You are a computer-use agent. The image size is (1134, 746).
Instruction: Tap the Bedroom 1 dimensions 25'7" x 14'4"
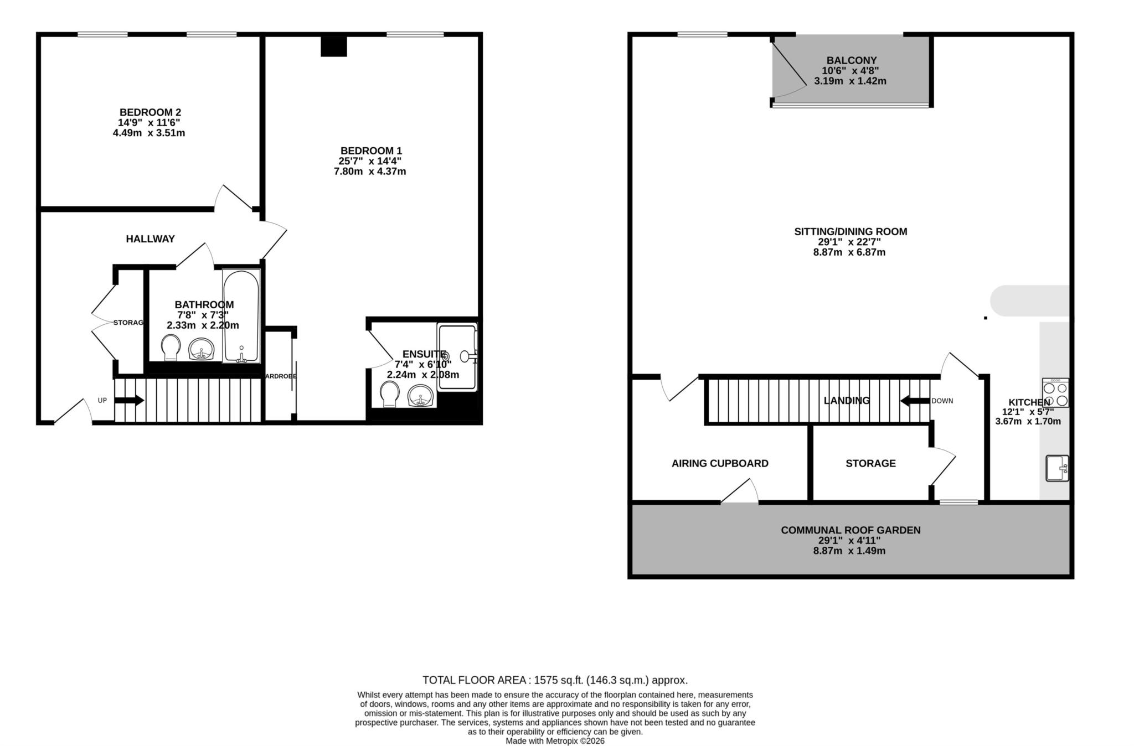[370, 161]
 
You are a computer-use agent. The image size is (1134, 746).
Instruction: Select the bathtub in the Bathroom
[241, 315]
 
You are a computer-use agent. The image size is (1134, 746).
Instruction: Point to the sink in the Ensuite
[421, 396]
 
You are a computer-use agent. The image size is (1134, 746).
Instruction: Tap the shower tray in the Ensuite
[457, 357]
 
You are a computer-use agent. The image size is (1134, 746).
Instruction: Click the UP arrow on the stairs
[131, 400]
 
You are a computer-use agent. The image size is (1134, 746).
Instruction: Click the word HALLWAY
[150, 239]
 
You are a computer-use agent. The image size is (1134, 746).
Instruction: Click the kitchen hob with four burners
[1055, 393]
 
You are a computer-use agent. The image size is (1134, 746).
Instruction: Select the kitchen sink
[1056, 468]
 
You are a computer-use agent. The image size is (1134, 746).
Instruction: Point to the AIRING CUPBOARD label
[719, 463]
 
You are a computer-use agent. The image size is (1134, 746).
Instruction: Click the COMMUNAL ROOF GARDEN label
[850, 530]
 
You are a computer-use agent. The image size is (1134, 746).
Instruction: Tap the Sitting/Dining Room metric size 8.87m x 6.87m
[850, 252]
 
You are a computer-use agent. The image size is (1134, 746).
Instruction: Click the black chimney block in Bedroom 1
[334, 46]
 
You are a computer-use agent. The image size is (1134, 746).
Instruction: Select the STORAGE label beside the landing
[870, 463]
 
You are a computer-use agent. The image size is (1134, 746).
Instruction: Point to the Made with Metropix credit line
[555, 740]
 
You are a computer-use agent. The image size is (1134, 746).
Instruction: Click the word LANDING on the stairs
[846, 401]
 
